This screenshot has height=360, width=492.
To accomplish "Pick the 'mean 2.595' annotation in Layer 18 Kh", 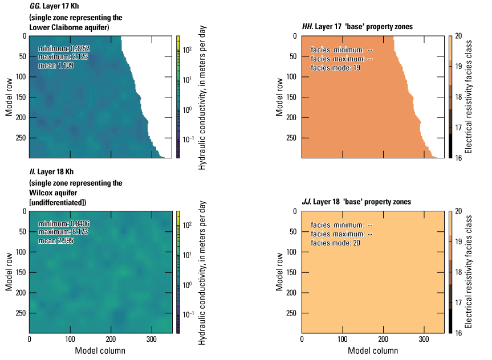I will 56,241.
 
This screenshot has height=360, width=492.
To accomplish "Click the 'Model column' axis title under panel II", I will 100,350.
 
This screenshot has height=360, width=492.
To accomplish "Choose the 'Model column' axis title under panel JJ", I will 373,350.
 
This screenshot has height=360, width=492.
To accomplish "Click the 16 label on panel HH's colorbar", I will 458,158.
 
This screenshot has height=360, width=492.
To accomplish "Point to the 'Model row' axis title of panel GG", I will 9,97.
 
